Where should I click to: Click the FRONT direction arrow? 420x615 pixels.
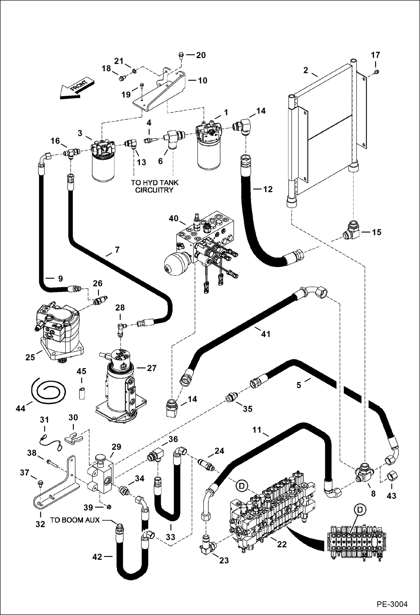[76, 89]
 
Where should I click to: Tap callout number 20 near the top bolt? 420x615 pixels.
[201, 55]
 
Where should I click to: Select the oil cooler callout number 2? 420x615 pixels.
[306, 70]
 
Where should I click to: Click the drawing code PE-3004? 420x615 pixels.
[392, 604]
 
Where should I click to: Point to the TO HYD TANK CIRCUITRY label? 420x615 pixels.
[154, 186]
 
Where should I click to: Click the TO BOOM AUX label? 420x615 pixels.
[75, 520]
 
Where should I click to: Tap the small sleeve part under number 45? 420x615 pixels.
[82, 393]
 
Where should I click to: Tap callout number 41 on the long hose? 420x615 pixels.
[266, 334]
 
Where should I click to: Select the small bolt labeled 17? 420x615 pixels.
[377, 72]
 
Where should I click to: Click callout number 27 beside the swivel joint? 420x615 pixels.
[151, 368]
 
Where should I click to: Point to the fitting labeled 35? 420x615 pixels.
[231, 398]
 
